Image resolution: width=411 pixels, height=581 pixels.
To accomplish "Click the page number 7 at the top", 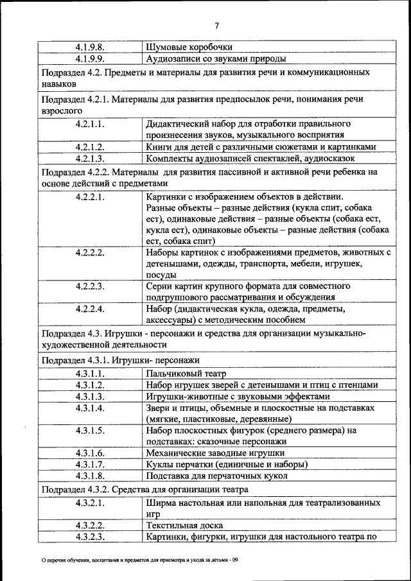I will (x=216, y=26).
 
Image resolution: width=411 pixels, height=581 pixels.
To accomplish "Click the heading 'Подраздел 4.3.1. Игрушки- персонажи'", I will (x=120, y=360).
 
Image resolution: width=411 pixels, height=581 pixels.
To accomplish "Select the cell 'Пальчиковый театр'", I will (x=186, y=373).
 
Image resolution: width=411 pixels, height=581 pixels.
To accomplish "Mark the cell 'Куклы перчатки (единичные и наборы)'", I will (x=227, y=464).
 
